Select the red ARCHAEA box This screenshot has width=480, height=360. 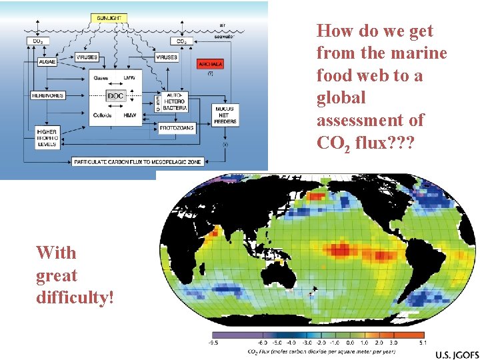tap(210, 64)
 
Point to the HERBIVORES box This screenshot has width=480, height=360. tap(48, 95)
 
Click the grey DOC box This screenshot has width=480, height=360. tap(115, 96)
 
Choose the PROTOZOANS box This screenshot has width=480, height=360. tap(176, 127)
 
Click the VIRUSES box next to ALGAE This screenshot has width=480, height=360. tap(87, 57)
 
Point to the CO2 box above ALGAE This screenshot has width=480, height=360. tap(38, 41)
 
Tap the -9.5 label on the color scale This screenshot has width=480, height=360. tap(213, 343)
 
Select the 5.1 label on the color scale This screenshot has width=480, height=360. tap(422, 343)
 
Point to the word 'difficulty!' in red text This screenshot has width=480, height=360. tap(75, 297)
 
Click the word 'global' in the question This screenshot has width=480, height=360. tap(341, 98)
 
